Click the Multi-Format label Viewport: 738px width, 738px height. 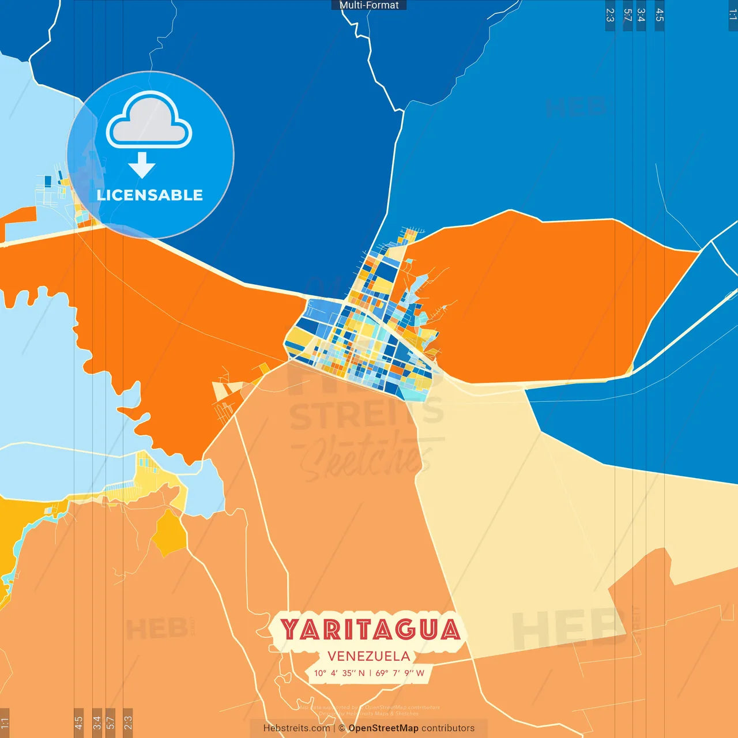(x=369, y=5)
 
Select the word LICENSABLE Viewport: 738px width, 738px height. (x=150, y=195)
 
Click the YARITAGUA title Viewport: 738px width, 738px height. (x=371, y=630)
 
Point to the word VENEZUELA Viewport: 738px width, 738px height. (x=369, y=656)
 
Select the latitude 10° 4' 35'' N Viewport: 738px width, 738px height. (x=339, y=673)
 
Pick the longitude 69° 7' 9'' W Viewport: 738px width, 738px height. (x=400, y=673)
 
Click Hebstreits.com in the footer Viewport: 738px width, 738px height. (x=296, y=728)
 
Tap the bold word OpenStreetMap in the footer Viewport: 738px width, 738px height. (x=383, y=728)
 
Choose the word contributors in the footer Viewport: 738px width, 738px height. (x=448, y=728)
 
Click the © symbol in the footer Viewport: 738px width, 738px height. (x=342, y=728)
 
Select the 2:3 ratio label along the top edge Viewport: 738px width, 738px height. (x=610, y=15)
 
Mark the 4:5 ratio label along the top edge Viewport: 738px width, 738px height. (x=660, y=15)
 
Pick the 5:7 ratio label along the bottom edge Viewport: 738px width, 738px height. (x=111, y=722)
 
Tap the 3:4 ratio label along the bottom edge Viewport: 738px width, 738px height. (x=97, y=722)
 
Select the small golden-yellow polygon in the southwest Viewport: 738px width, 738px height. (x=169, y=534)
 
